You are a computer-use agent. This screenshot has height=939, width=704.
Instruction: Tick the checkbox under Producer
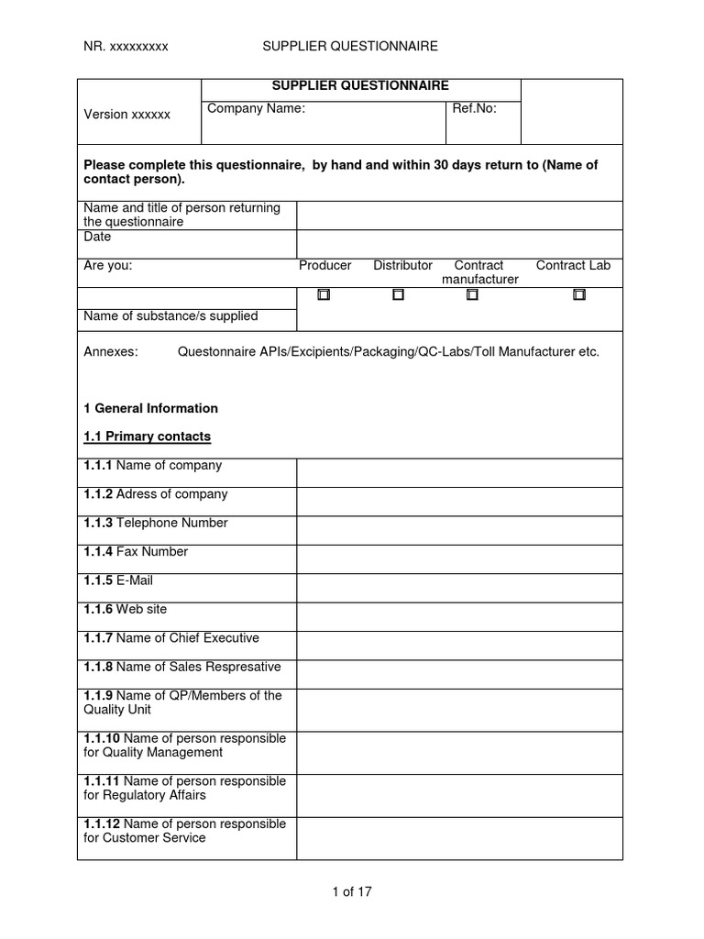324,295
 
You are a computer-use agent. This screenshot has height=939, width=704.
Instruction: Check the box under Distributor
398,295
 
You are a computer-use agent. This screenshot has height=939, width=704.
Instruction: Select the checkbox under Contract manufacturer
472,295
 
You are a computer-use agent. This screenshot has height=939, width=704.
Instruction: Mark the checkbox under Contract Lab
579,295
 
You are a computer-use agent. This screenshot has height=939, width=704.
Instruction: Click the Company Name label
256,108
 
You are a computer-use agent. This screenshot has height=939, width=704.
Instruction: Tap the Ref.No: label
474,108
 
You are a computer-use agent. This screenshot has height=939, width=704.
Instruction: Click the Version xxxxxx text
127,115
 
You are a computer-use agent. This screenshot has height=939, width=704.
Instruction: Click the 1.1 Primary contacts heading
147,436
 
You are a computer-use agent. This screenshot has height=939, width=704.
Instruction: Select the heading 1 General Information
151,408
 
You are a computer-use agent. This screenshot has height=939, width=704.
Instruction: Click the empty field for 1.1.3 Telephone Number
459,530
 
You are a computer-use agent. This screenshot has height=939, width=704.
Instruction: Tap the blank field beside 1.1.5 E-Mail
459,588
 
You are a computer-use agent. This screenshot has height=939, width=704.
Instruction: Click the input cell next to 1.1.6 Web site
459,616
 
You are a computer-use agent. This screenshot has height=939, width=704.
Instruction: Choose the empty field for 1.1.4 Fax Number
459,558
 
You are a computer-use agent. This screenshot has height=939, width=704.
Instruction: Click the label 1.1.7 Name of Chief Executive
171,638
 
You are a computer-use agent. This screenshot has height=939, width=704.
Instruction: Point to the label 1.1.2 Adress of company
156,494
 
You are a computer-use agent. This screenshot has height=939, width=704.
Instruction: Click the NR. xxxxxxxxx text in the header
126,46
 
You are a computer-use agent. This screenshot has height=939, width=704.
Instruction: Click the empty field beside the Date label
459,244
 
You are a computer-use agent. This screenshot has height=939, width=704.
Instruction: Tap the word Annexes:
111,352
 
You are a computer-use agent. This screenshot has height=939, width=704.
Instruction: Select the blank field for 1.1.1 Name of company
459,473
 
